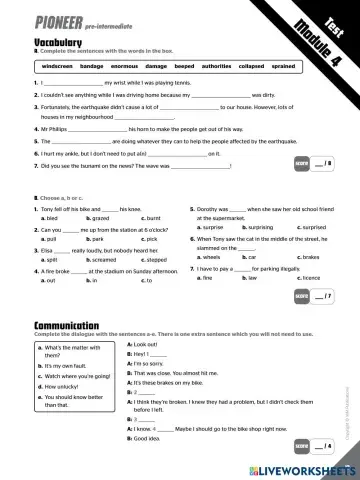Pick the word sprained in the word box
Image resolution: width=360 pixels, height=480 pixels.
point(283,65)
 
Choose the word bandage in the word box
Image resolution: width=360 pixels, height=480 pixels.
point(91,65)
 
